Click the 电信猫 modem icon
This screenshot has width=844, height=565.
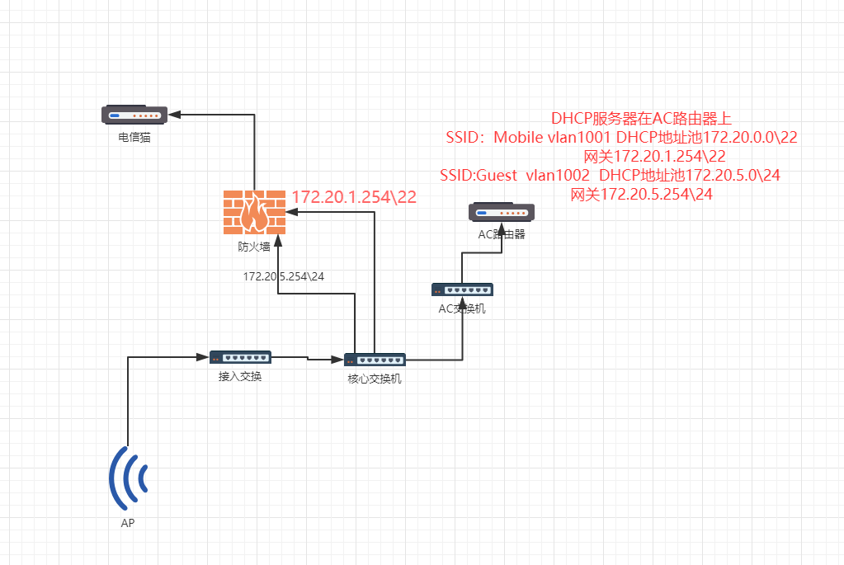tap(134, 115)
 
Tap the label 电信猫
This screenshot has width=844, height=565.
tap(134, 138)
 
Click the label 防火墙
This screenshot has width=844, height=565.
tap(254, 245)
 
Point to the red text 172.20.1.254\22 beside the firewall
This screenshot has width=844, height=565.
tap(354, 197)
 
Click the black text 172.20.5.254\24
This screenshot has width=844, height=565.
tap(284, 276)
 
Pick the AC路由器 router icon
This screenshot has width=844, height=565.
tap(502, 213)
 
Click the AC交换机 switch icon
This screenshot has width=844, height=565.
tap(462, 290)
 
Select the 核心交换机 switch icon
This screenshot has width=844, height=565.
tap(375, 360)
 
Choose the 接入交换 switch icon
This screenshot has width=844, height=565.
tap(240, 358)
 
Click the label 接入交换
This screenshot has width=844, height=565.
tap(240, 376)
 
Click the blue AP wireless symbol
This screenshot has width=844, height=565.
tap(129, 478)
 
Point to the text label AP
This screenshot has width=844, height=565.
tap(129, 523)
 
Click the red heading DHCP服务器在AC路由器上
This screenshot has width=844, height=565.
tap(642, 119)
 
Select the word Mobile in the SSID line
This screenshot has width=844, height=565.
tap(518, 138)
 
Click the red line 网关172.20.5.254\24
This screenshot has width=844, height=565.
tap(642, 195)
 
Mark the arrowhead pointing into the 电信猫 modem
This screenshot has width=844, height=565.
tap(174, 115)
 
